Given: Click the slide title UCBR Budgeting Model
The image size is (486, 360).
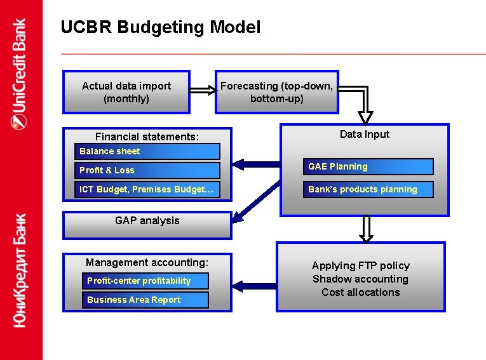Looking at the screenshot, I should point(160,27).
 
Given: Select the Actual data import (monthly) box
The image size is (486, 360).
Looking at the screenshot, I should point(126,92).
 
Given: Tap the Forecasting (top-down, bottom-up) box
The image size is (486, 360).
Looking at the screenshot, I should point(276,92).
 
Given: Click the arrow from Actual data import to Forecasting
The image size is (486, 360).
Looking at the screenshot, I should point(203,90).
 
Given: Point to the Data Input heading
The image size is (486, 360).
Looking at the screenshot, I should point(364,134).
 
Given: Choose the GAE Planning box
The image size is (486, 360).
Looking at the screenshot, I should point(368,167).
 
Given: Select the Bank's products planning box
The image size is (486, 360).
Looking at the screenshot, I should point(368,189).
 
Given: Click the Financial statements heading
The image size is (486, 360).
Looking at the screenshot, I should point(147,137).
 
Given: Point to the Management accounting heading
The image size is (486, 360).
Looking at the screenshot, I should point(147,262).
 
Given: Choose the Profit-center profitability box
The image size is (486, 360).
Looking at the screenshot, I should point(147,281).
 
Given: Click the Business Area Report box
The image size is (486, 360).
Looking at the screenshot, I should point(147,300).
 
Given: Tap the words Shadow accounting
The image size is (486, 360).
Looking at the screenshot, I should point(360,279).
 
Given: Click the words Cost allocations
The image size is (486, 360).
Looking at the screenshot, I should point(360,292).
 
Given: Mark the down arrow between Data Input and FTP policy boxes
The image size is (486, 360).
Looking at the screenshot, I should point(366,229).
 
